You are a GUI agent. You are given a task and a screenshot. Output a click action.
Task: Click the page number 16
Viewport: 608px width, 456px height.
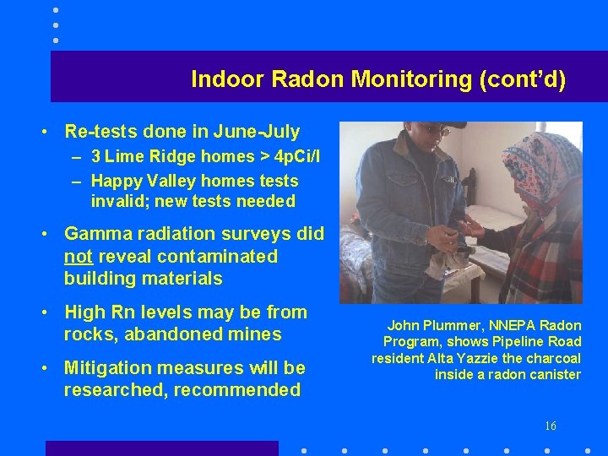(x=551, y=426)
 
